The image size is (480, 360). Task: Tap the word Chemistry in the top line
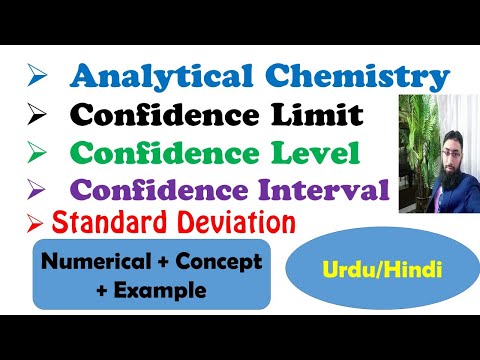[x=365, y=76]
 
